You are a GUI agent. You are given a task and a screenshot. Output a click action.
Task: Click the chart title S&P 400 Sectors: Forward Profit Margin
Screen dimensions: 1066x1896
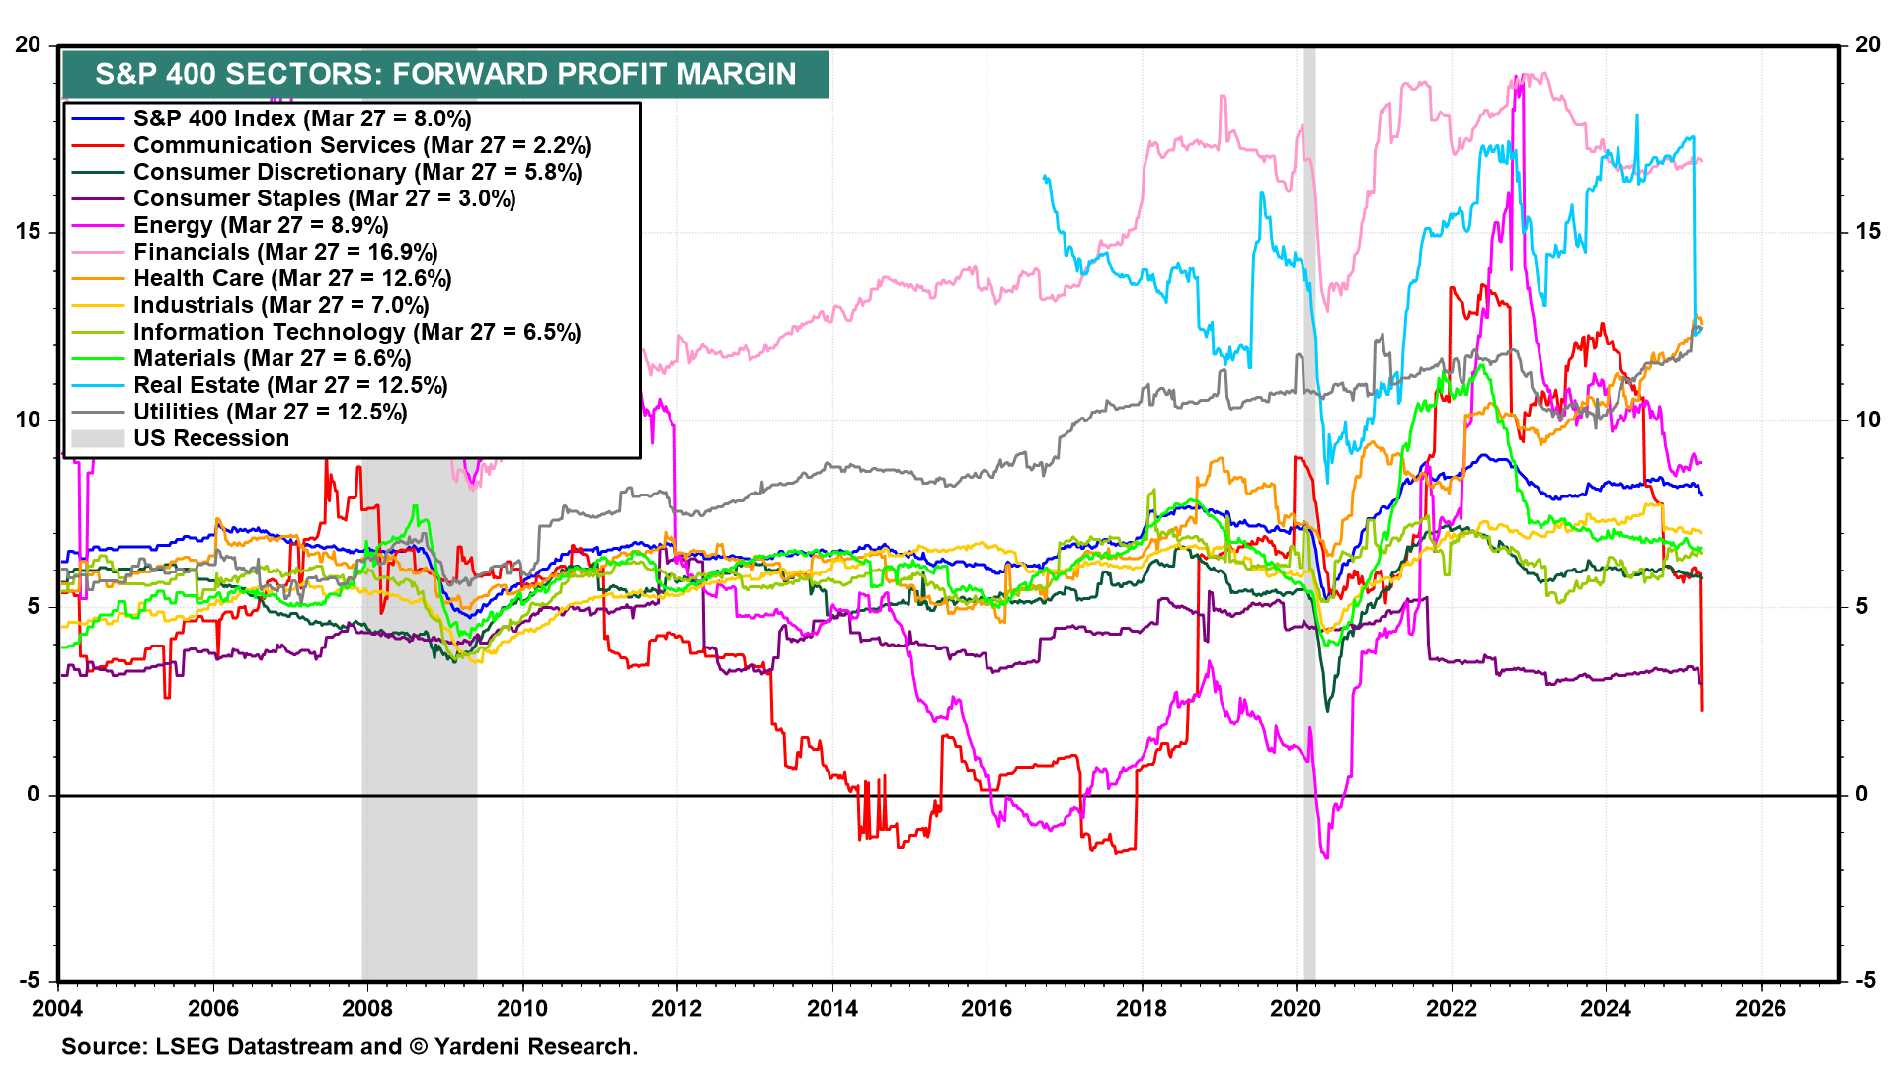pyautogui.click(x=445, y=74)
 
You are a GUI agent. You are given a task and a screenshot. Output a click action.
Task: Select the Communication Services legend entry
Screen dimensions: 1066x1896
pyautogui.click(x=361, y=145)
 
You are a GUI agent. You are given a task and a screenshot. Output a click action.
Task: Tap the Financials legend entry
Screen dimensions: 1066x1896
pyautogui.click(x=285, y=252)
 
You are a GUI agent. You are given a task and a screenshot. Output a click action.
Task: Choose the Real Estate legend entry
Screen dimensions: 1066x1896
pyautogui.click(x=290, y=385)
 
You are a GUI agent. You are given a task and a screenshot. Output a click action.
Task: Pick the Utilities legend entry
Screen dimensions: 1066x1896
pyautogui.click(x=270, y=412)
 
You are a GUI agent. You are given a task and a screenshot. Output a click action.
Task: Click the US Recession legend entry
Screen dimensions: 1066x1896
pyautogui.click(x=211, y=438)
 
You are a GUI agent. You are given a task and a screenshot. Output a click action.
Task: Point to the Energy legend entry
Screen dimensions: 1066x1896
pyautogui.click(x=261, y=225)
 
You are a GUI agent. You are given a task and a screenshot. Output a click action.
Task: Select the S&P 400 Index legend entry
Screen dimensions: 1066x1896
pyautogui.click(x=302, y=118)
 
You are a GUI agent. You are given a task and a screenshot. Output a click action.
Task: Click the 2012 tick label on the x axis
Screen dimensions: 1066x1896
pyautogui.click(x=676, y=1008)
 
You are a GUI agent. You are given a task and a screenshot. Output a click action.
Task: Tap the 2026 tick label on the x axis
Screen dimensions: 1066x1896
pyautogui.click(x=1760, y=1008)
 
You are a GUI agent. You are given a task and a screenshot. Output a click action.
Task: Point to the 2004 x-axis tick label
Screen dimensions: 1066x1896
pyautogui.click(x=57, y=1008)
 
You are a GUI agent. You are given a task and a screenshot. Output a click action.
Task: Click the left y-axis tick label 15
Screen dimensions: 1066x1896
pyautogui.click(x=28, y=232)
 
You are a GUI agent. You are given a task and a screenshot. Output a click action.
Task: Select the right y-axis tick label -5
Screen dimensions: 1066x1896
pyautogui.click(x=1863, y=981)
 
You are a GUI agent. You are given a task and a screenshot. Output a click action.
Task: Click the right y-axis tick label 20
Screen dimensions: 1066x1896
pyautogui.click(x=1867, y=45)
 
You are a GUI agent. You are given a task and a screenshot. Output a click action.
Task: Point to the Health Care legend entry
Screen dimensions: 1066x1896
pyautogui.click(x=292, y=278)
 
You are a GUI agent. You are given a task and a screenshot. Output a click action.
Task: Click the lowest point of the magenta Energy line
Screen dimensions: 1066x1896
pyautogui.click(x=1326, y=857)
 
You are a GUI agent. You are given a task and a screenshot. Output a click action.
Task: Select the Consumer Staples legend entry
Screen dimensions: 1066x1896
pyautogui.click(x=324, y=198)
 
